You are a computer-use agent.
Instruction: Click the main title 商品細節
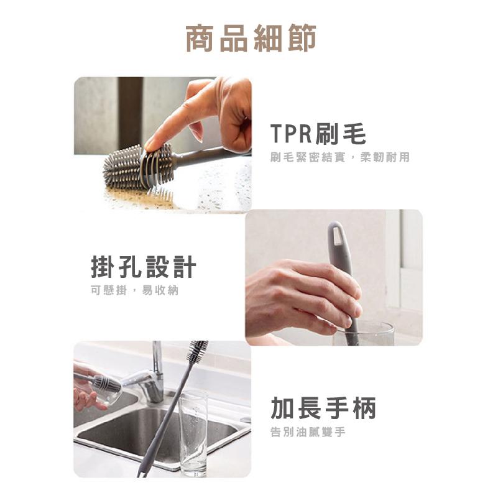tap(251, 38)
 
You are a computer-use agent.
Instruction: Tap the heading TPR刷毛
tap(318, 134)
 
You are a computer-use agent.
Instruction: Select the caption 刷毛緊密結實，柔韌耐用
tap(340, 157)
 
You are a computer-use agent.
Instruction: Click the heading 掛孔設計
tap(144, 268)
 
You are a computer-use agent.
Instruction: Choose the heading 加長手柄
tap(323, 408)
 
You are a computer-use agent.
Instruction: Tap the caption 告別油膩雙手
tap(308, 432)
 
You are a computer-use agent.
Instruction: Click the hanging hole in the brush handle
tap(337, 235)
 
